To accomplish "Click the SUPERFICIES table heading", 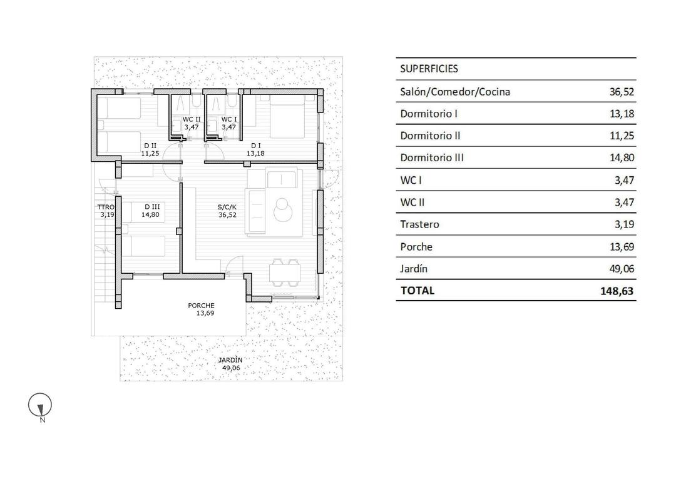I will coord(429,69).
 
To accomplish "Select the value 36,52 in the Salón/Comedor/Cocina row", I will coord(622,92).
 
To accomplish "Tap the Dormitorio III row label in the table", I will coord(432,158).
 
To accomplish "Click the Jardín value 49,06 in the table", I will coord(622,269).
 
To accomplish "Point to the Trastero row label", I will coord(419,224).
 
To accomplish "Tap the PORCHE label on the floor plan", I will coord(201,306).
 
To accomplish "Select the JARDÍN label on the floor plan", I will coord(230,361).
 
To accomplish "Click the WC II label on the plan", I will coord(192,119).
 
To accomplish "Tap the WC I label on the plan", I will coord(229,119).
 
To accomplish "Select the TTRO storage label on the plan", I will coord(105,206).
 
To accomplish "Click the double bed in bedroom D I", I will coord(287,118).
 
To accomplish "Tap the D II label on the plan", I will coord(149,145).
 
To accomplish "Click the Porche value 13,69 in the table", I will coord(622,247).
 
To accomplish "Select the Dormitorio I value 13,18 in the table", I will coord(622,114).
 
